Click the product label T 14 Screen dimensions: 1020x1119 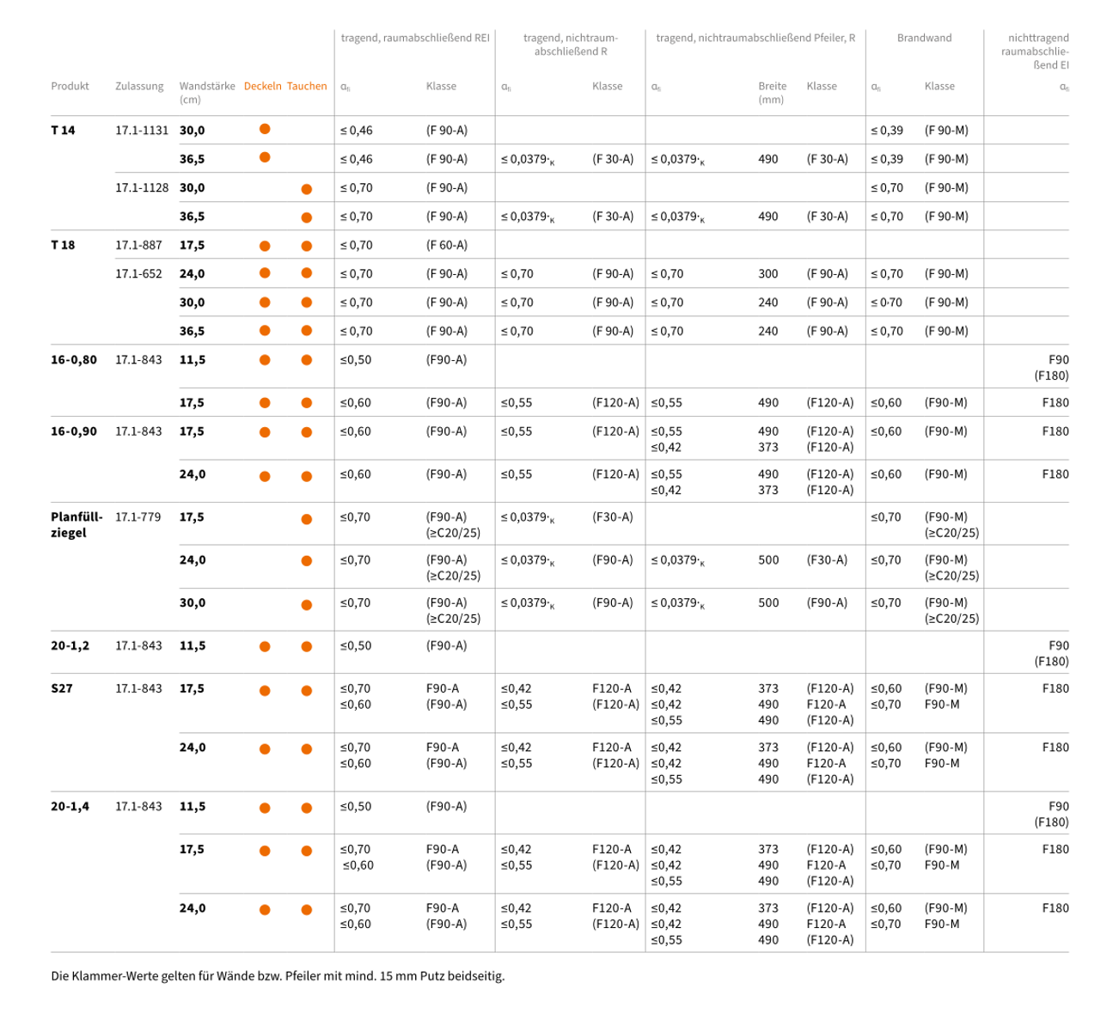pyautogui.click(x=63, y=131)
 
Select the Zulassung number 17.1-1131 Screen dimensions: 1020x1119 pyautogui.click(x=142, y=131)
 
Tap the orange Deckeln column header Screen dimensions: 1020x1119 pyautogui.click(x=262, y=86)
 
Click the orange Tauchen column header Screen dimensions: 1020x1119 pyautogui.click(x=307, y=86)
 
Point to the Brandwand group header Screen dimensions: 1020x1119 pyautogui.click(x=924, y=38)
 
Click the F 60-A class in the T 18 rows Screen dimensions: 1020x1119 pyautogui.click(x=446, y=245)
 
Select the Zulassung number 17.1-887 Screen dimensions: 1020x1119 pyautogui.click(x=138, y=245)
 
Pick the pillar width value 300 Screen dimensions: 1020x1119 pyautogui.click(x=767, y=274)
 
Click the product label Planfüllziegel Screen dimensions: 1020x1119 pyautogui.click(x=76, y=525)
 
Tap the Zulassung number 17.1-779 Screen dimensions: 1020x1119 pyautogui.click(x=138, y=517)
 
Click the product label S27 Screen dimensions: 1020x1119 pyautogui.click(x=62, y=688)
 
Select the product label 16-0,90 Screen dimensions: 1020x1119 pyautogui.click(x=74, y=431)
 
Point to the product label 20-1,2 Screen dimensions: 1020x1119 pyautogui.click(x=70, y=646)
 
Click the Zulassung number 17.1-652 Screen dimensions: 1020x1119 pyautogui.click(x=138, y=274)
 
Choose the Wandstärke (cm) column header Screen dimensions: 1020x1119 pyautogui.click(x=206, y=92)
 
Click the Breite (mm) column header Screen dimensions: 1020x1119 pyautogui.click(x=772, y=92)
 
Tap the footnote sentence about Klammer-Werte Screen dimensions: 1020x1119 pyautogui.click(x=278, y=976)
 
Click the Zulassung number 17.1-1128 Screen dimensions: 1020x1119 pyautogui.click(x=142, y=188)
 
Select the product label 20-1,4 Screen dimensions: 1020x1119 pyautogui.click(x=70, y=807)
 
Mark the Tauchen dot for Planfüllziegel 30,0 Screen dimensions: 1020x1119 pyautogui.click(x=306, y=605)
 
